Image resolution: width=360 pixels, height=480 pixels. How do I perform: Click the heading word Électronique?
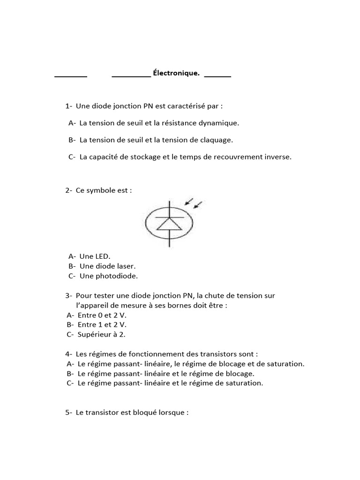176,73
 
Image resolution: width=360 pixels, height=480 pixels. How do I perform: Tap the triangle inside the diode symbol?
169,224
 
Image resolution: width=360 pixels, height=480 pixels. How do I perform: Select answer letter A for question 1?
72,123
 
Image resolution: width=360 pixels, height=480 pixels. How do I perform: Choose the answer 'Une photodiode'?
109,276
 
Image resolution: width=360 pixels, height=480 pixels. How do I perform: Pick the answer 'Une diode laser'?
108,266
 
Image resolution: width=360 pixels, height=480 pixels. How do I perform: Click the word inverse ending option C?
278,157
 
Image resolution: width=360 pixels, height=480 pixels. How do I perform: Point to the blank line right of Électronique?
217,75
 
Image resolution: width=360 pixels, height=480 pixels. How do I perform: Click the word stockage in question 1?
147,157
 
